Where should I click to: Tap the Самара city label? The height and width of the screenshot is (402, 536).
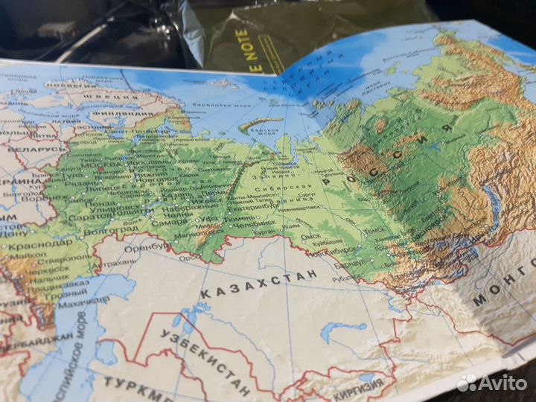[170, 222]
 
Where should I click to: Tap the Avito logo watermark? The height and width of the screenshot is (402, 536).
[494, 383]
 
